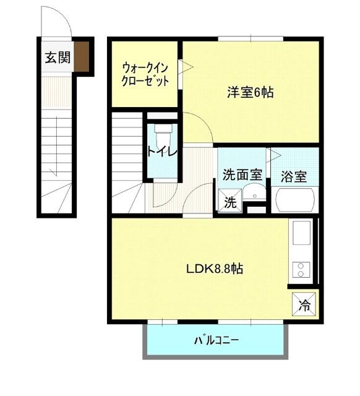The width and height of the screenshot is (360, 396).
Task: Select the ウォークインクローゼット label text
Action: point(145,74)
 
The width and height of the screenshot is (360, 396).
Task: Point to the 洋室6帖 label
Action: point(250,92)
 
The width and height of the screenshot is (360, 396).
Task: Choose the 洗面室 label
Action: point(242,175)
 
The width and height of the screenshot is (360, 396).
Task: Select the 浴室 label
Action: point(293,176)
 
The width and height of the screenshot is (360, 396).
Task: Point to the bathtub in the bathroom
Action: point(295,200)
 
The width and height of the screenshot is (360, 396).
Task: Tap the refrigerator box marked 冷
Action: point(304,304)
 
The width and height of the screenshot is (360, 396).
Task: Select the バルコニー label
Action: point(216,340)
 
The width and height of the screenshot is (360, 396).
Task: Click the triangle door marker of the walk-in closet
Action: point(182,67)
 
